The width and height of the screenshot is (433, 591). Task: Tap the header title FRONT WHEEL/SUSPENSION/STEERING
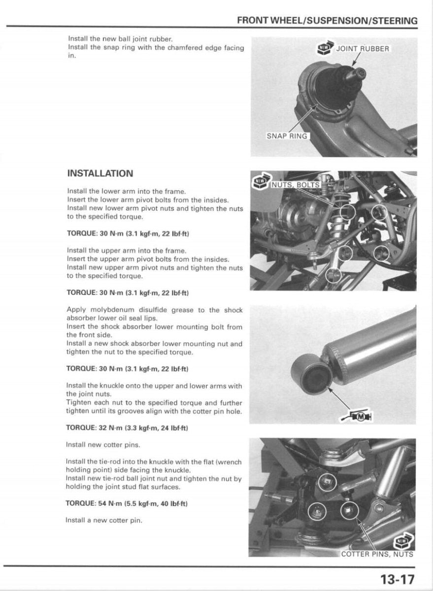pos(327,21)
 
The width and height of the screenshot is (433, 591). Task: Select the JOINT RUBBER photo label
pos(363,49)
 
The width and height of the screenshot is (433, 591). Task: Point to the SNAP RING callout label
pos(286,136)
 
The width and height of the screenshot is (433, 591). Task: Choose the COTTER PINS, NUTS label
pos(377,554)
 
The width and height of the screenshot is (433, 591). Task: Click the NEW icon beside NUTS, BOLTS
pos(260,182)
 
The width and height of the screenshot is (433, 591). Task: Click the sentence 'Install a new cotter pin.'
pos(104,520)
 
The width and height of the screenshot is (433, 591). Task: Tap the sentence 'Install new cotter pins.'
pos(103,445)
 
